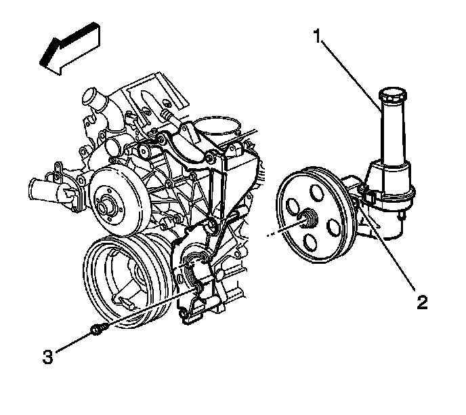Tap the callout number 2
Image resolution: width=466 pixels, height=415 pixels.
(x=421, y=302)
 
